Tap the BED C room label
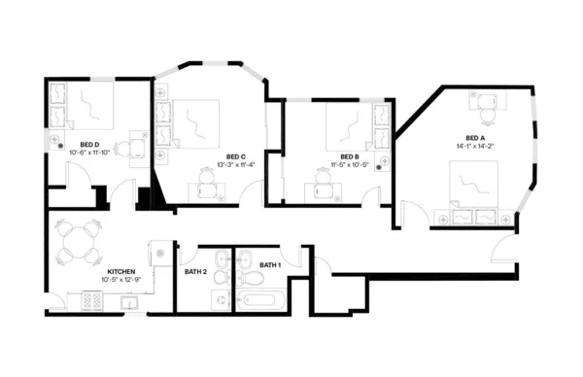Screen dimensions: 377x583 [235, 156]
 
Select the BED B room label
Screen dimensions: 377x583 [350, 156]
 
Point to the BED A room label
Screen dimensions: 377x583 [475, 138]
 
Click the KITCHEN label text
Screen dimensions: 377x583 [120, 271]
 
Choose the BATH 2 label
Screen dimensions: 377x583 [195, 271]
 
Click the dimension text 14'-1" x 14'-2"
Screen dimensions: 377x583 [475, 147]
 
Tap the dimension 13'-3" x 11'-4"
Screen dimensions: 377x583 [235, 165]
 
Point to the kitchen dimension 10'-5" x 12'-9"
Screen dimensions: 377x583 [120, 280]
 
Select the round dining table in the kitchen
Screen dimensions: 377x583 [77, 240]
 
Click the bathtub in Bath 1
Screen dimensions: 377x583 [259, 301]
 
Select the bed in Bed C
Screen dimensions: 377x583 [200, 124]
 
